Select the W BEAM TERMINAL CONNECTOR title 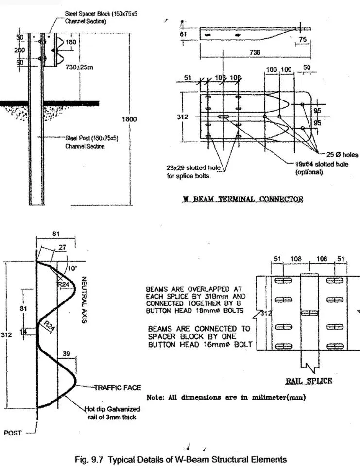[242, 199]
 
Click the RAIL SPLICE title [309, 381]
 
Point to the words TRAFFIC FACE [117, 387]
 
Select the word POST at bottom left [13, 433]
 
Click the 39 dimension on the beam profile [67, 354]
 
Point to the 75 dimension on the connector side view [303, 39]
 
